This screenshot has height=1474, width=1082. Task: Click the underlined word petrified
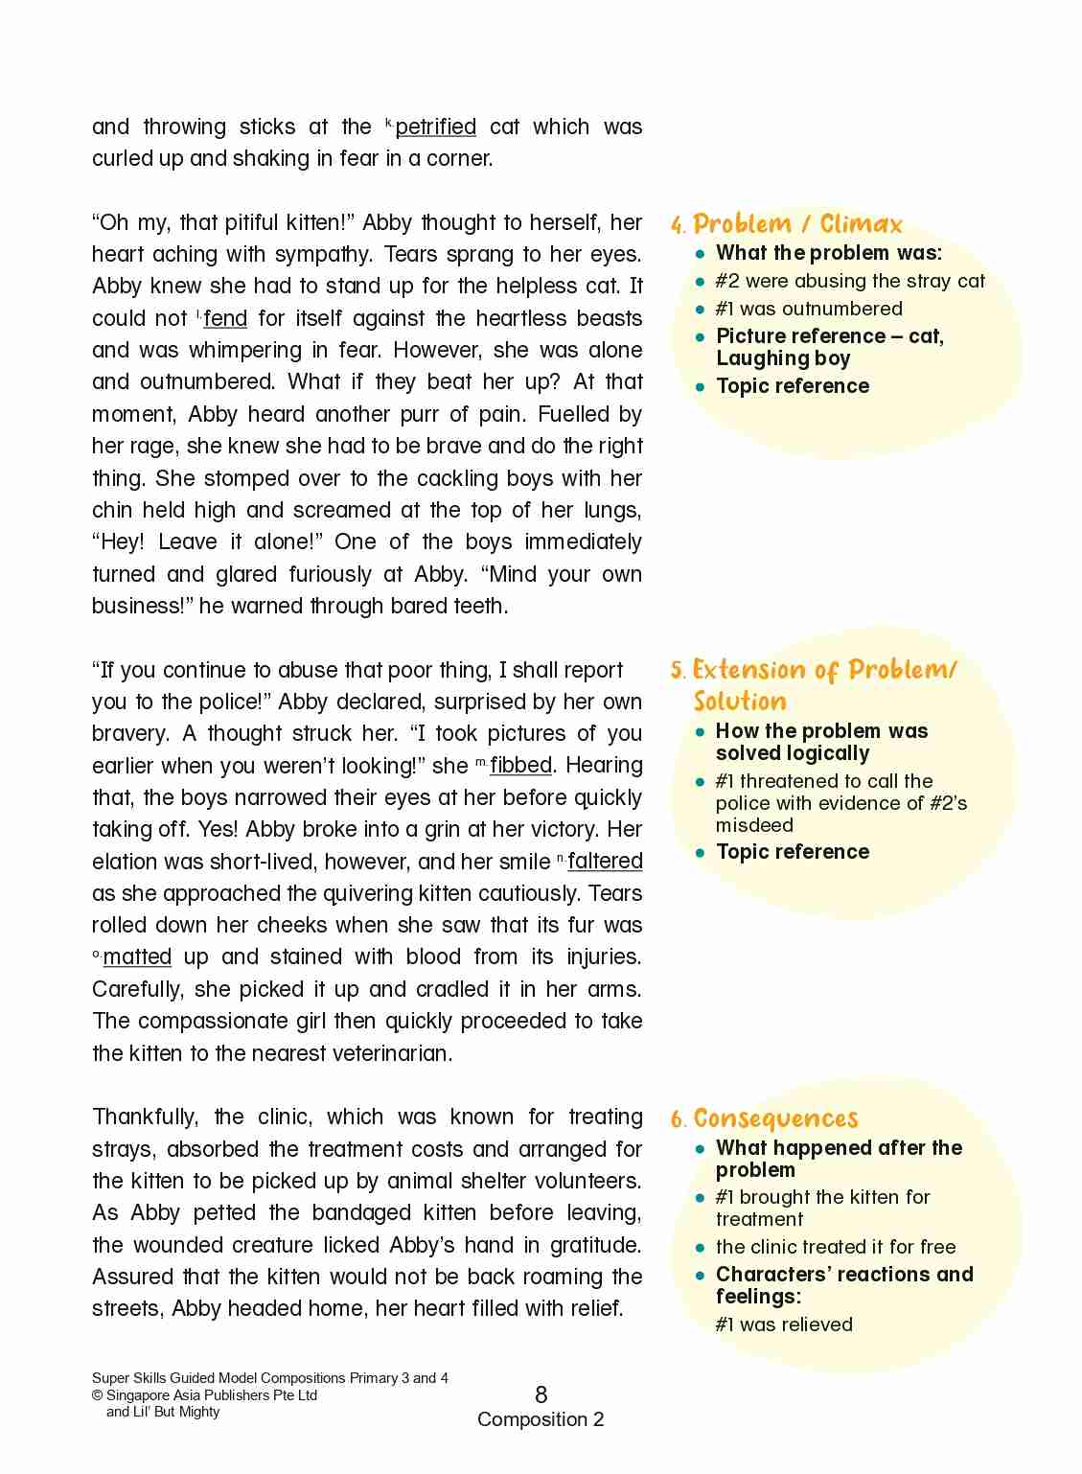(x=435, y=127)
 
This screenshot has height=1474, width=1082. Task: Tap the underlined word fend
(x=225, y=318)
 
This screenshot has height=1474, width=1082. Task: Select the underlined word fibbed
(x=520, y=766)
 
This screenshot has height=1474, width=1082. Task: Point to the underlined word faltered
(x=605, y=862)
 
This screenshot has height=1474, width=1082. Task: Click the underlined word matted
(x=137, y=957)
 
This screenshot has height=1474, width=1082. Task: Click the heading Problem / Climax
(x=797, y=224)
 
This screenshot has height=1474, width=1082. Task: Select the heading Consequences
(x=775, y=1118)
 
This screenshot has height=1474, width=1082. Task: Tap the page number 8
(x=541, y=1394)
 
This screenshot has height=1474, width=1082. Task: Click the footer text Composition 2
(x=541, y=1419)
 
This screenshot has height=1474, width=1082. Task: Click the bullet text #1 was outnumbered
(x=808, y=309)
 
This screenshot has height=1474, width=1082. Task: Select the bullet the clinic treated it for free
(x=835, y=1247)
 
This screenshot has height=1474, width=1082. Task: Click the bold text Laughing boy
(x=783, y=359)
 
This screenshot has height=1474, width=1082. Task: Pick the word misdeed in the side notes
(x=754, y=826)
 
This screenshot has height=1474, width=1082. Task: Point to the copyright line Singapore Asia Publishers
(x=212, y=1395)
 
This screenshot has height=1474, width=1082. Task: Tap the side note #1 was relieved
(x=783, y=1324)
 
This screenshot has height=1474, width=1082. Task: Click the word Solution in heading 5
(x=740, y=701)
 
